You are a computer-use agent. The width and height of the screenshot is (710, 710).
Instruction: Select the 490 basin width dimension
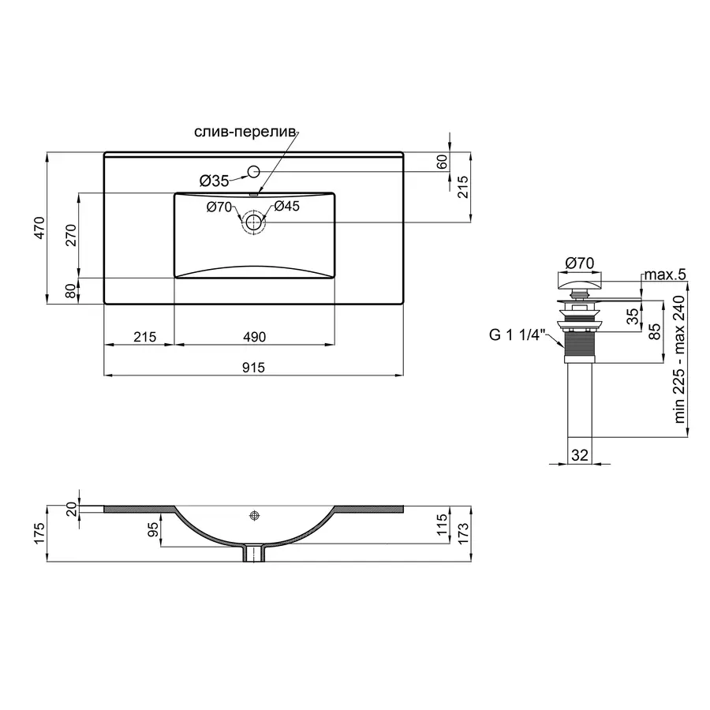tap(253, 337)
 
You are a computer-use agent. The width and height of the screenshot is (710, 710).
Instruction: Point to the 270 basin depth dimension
tap(70, 236)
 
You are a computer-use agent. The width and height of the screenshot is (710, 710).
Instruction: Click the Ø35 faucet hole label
tap(214, 181)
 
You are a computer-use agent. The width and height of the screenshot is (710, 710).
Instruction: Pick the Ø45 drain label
tap(286, 207)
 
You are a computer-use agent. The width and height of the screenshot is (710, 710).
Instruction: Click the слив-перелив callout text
tap(244, 132)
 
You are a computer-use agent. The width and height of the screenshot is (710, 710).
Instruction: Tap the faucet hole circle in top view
tap(254, 171)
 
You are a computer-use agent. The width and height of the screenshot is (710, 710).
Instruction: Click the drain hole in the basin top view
tap(253, 222)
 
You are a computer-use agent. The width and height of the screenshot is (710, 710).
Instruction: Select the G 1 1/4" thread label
tap(518, 335)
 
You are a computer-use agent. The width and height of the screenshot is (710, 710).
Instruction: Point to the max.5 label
tap(665, 275)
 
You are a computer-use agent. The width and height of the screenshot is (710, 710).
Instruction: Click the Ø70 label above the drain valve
tap(580, 262)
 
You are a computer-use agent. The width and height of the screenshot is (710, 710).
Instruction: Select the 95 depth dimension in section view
tap(153, 528)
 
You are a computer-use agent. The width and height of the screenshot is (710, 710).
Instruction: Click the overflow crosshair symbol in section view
tap(254, 515)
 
